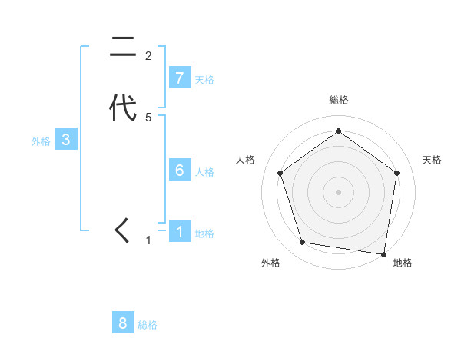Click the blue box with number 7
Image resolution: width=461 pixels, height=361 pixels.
(x=180, y=78)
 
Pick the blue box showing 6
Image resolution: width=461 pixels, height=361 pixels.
(x=180, y=171)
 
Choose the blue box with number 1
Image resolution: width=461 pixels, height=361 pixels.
(x=180, y=231)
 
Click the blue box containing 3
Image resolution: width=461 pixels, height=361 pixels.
(x=66, y=140)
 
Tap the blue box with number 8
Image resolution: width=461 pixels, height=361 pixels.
(x=123, y=323)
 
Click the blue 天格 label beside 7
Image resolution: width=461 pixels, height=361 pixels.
(x=204, y=80)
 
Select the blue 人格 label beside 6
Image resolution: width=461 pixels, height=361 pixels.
(x=204, y=172)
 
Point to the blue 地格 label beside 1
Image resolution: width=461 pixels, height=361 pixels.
(x=204, y=233)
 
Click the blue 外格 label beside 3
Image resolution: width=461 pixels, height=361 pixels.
(x=41, y=141)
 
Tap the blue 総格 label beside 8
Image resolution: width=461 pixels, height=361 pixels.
(x=148, y=326)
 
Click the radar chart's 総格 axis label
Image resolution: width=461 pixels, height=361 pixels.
(x=338, y=100)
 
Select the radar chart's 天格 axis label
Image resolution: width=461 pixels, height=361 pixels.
(x=433, y=160)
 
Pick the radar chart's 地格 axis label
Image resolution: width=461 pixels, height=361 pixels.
(x=403, y=263)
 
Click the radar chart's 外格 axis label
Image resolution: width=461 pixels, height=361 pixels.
(x=270, y=263)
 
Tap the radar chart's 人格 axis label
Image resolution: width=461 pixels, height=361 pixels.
(x=246, y=160)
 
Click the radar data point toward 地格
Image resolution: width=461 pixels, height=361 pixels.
(x=384, y=253)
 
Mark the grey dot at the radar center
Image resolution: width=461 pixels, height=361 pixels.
(x=338, y=190)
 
